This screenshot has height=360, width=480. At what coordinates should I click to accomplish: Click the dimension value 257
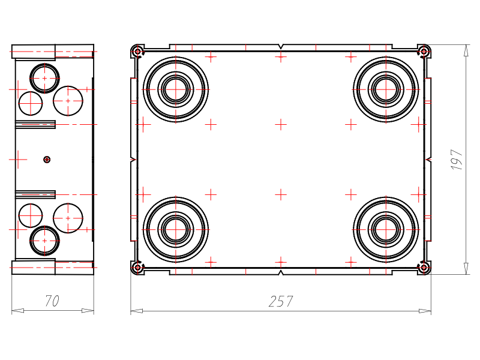tap(281, 301)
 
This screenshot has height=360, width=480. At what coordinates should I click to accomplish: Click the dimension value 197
tap(457, 160)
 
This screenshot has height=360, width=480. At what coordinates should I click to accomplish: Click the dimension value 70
tap(52, 301)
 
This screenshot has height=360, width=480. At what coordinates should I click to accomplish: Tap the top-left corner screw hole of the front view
tap(137, 51)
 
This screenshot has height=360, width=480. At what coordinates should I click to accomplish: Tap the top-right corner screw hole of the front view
tap(424, 51)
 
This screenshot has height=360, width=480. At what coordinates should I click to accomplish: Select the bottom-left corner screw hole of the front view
tap(137, 268)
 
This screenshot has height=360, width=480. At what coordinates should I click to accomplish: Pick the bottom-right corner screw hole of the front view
tap(424, 268)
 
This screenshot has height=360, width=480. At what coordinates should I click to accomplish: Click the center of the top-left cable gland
tap(176, 89)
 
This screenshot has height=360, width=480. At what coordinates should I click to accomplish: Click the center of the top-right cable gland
tap(386, 89)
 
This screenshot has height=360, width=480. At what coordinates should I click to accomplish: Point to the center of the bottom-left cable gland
tap(176, 229)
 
